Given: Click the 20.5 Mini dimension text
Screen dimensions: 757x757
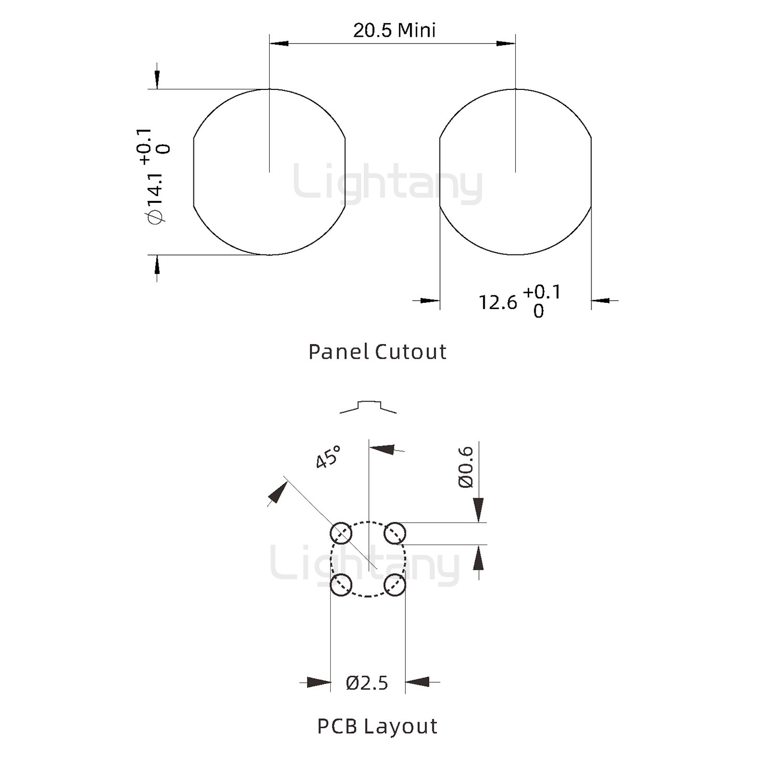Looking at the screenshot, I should (x=394, y=30).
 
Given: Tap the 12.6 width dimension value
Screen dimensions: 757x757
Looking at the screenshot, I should (x=497, y=302).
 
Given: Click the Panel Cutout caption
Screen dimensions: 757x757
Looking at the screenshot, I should (x=377, y=352).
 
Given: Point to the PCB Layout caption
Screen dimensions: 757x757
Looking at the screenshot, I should (x=377, y=726).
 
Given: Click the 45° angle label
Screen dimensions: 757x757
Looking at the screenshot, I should (x=328, y=457).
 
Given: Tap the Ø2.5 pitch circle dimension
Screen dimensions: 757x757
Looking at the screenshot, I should (x=367, y=683).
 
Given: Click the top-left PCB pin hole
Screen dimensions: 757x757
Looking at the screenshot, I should (x=341, y=534).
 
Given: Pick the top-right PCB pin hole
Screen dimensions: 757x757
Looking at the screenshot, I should (x=394, y=534).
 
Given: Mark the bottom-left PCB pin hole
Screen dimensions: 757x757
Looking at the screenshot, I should (x=341, y=585).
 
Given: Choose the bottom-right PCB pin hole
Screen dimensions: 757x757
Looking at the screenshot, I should (x=394, y=585).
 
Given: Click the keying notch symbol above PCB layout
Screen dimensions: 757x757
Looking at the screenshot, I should (x=368, y=406).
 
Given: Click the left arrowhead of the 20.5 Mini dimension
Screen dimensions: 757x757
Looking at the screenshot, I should (x=279, y=43).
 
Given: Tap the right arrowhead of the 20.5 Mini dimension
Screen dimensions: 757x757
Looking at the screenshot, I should (x=506, y=43).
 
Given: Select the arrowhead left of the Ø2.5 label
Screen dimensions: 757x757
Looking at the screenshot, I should (x=319, y=682).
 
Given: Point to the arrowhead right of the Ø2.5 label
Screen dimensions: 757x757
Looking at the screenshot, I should (x=417, y=682).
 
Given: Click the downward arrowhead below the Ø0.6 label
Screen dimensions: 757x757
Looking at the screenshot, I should (x=478, y=510).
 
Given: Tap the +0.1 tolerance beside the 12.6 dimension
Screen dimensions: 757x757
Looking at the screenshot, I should (x=542, y=292).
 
